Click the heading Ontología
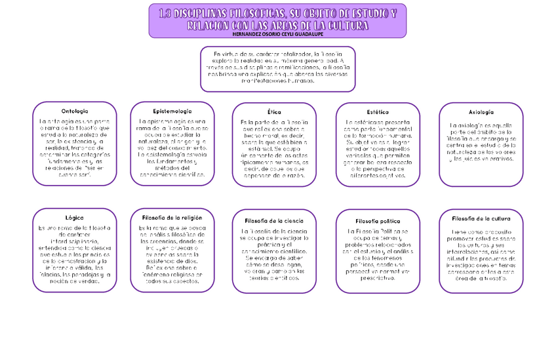coord(75,111)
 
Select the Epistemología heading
coord(172,111)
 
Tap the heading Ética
coord(274,112)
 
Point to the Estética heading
coord(377,112)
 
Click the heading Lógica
coord(75,216)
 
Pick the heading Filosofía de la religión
coord(172,216)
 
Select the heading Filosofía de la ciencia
coord(274,221)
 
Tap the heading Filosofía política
coord(378,221)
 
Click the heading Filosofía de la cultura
coord(481,218)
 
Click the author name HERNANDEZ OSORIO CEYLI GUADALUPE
coord(278,34)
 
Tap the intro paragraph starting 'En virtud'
coord(278,68)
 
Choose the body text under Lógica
coord(75,254)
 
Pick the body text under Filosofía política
coord(378,254)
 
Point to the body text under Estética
coord(377,149)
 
